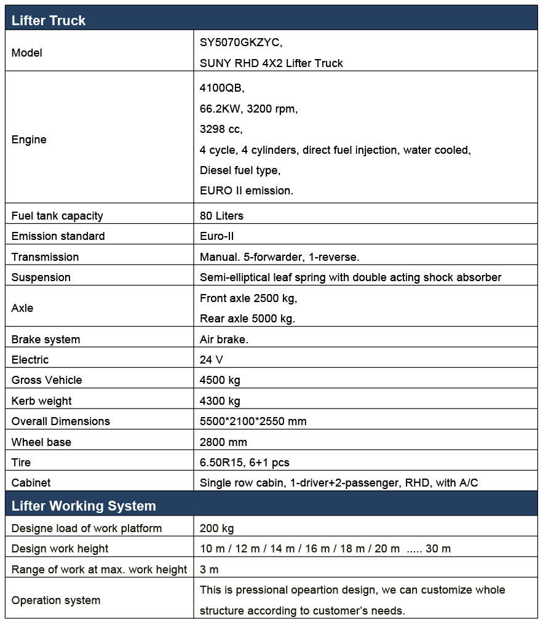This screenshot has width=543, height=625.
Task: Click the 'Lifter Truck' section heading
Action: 49,20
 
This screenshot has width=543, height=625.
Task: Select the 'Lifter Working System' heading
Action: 84,506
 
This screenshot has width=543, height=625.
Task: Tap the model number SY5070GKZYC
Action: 241,42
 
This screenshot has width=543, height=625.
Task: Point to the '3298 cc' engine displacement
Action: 221,129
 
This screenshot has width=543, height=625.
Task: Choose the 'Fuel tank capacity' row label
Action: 57,215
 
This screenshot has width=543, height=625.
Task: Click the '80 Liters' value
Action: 221,215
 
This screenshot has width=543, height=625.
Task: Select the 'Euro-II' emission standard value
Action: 216,236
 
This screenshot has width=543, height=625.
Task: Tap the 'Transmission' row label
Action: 45,257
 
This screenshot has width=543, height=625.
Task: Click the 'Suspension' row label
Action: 41,277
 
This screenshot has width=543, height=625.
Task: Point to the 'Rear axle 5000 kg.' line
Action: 247,319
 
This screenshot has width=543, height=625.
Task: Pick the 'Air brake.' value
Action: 224,339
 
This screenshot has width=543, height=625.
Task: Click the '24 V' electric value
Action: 212,360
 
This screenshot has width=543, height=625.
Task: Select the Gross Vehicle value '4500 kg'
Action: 220,380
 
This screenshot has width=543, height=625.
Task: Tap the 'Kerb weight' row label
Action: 41,401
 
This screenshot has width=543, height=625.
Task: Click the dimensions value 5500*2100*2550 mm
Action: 253,421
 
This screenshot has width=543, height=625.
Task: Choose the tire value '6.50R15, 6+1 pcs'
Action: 244,463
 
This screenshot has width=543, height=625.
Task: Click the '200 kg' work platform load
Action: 216,528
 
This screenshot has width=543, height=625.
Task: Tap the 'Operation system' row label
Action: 55,600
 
